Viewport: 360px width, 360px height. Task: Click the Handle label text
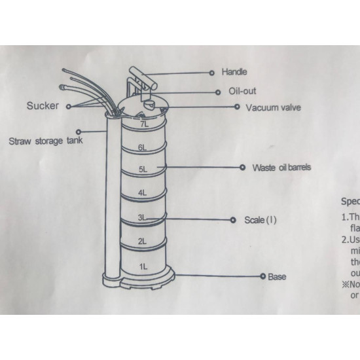pyautogui.click(x=234, y=72)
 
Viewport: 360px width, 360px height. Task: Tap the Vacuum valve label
pyautogui.click(x=273, y=107)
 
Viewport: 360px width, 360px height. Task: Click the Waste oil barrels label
pyautogui.click(x=281, y=168)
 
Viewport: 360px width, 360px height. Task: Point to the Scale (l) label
pyautogui.click(x=261, y=220)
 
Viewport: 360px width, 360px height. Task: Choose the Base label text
pyautogui.click(x=277, y=276)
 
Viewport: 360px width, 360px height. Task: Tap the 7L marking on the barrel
pyautogui.click(x=144, y=123)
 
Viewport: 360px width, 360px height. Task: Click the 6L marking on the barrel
pyautogui.click(x=143, y=148)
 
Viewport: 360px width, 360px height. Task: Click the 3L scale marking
pyautogui.click(x=143, y=217)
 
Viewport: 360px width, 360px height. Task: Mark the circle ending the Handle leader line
pyautogui.click(x=211, y=72)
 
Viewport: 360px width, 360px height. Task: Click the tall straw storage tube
pyautogui.click(x=111, y=196)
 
